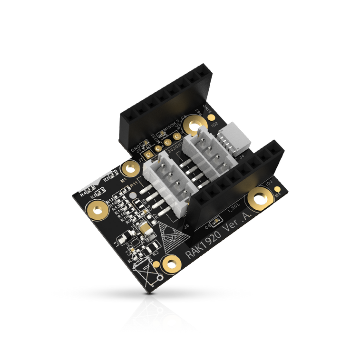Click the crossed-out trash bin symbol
pos(148,273)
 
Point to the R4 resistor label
pos(84,195)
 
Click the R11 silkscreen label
pos(134,184)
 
